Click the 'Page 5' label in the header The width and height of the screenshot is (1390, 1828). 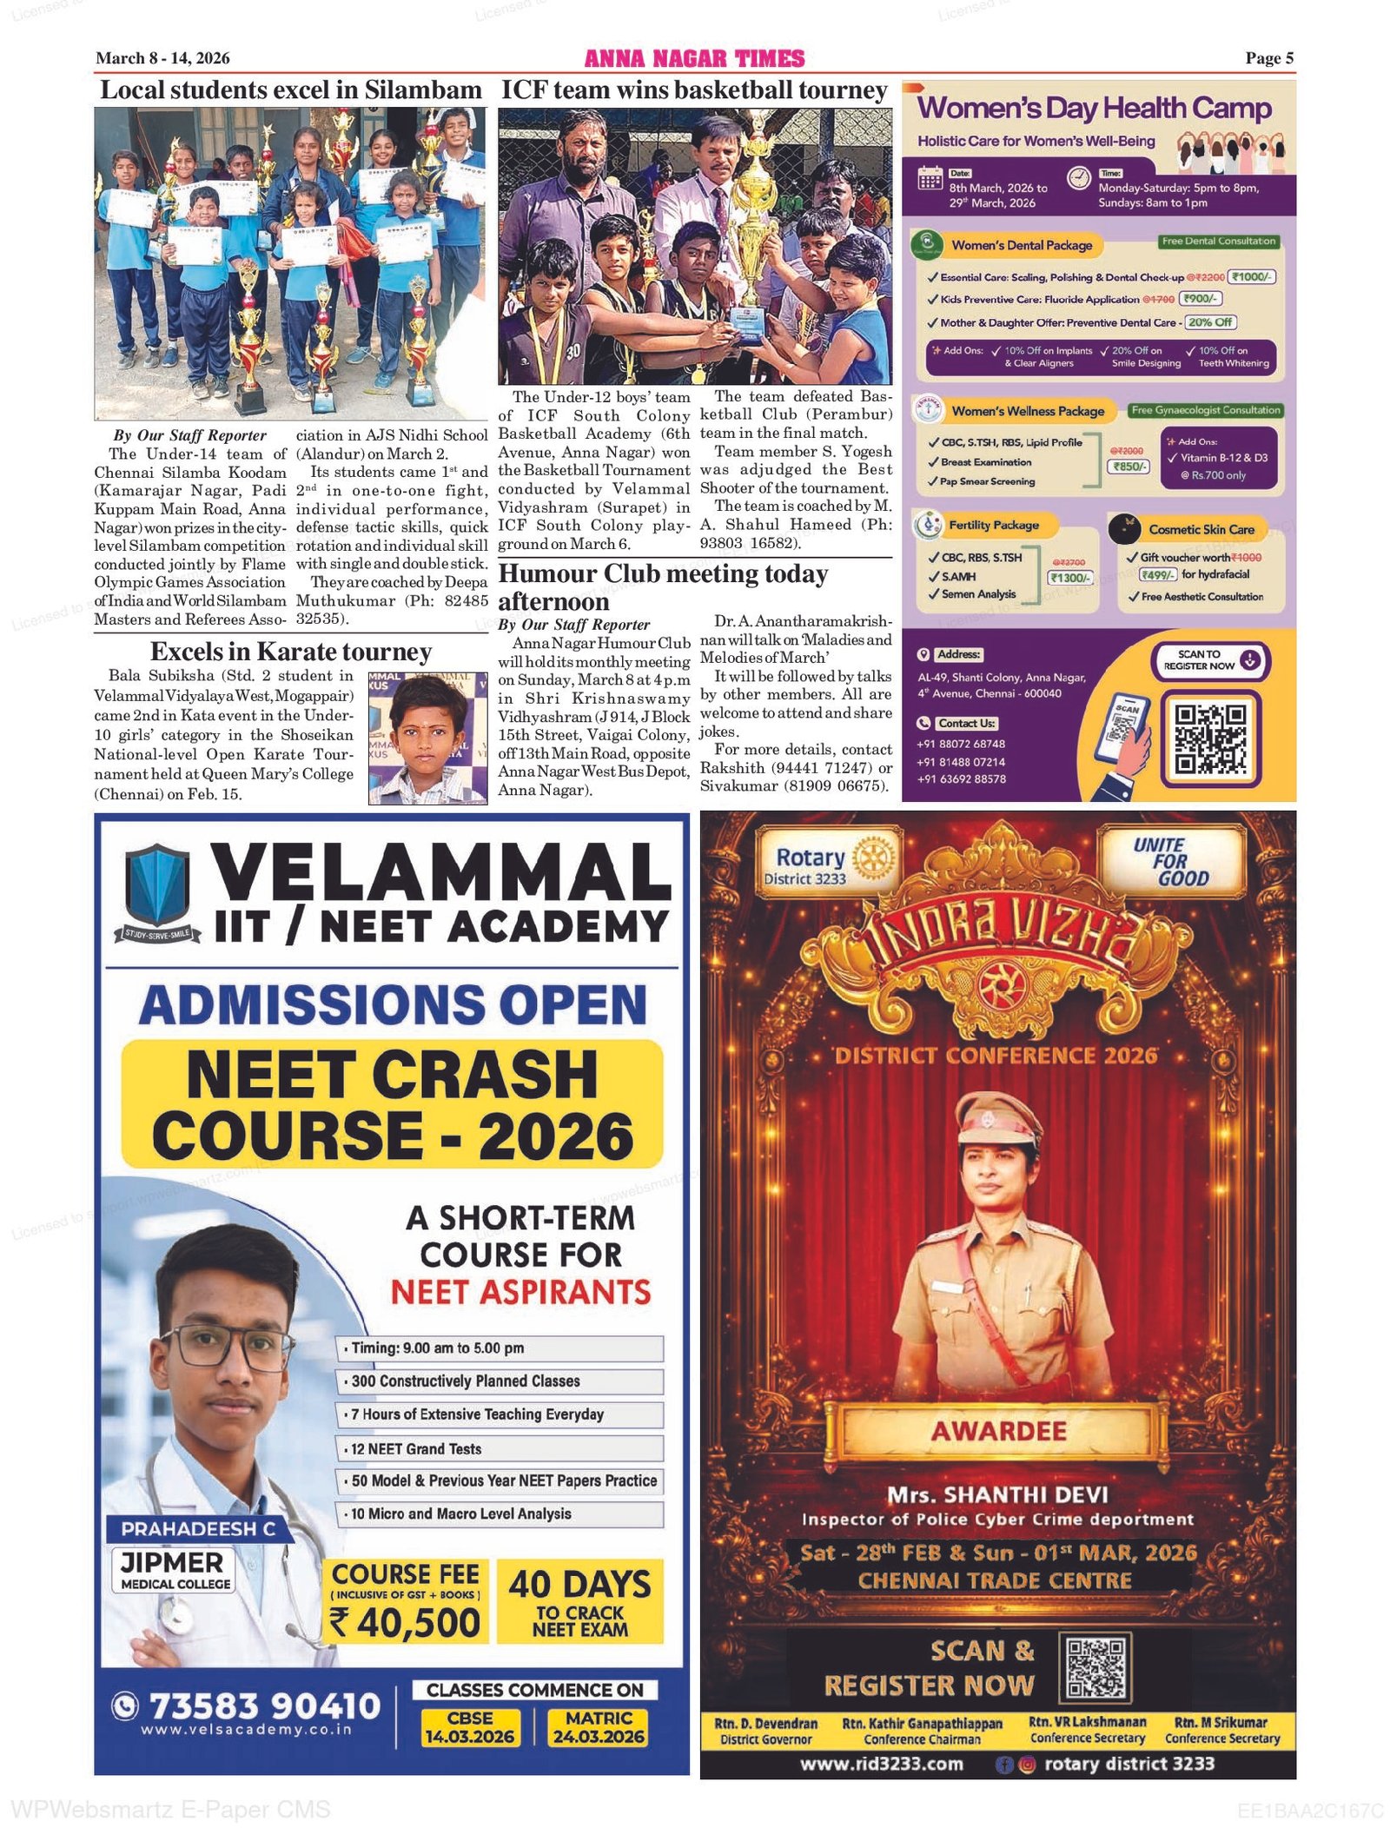pyautogui.click(x=1268, y=58)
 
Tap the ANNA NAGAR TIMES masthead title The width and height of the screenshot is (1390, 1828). pyautogui.click(x=694, y=58)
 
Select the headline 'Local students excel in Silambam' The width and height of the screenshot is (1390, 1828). pyautogui.click(x=290, y=90)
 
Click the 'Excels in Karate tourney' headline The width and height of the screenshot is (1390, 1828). pyautogui.click(x=290, y=652)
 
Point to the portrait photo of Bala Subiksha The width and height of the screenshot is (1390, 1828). pyautogui.click(x=427, y=738)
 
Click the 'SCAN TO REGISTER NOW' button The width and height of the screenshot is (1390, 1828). pyautogui.click(x=1210, y=660)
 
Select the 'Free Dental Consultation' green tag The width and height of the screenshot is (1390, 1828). pyautogui.click(x=1218, y=242)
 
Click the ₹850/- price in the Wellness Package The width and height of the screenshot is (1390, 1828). pyautogui.click(x=1129, y=467)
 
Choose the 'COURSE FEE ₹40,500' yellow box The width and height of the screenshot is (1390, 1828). pyautogui.click(x=406, y=1600)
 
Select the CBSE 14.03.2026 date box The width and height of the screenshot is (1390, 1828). pyautogui.click(x=469, y=1727)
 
